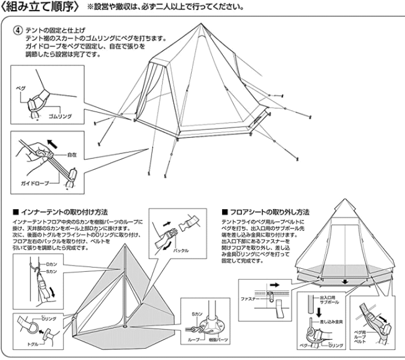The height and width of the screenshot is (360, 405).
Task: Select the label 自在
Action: [88, 153]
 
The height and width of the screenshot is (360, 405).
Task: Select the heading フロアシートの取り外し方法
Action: [269, 213]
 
